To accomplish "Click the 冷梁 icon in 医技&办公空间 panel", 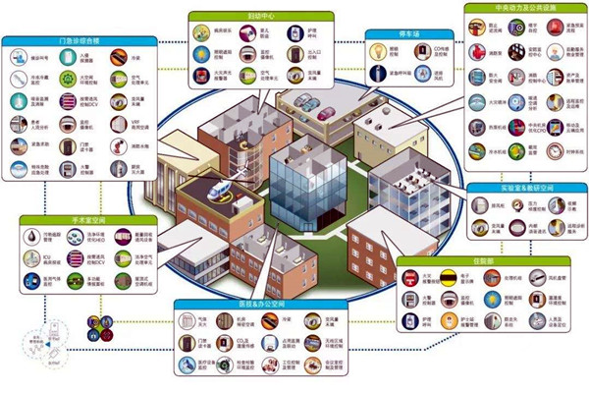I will pos(310,318).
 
